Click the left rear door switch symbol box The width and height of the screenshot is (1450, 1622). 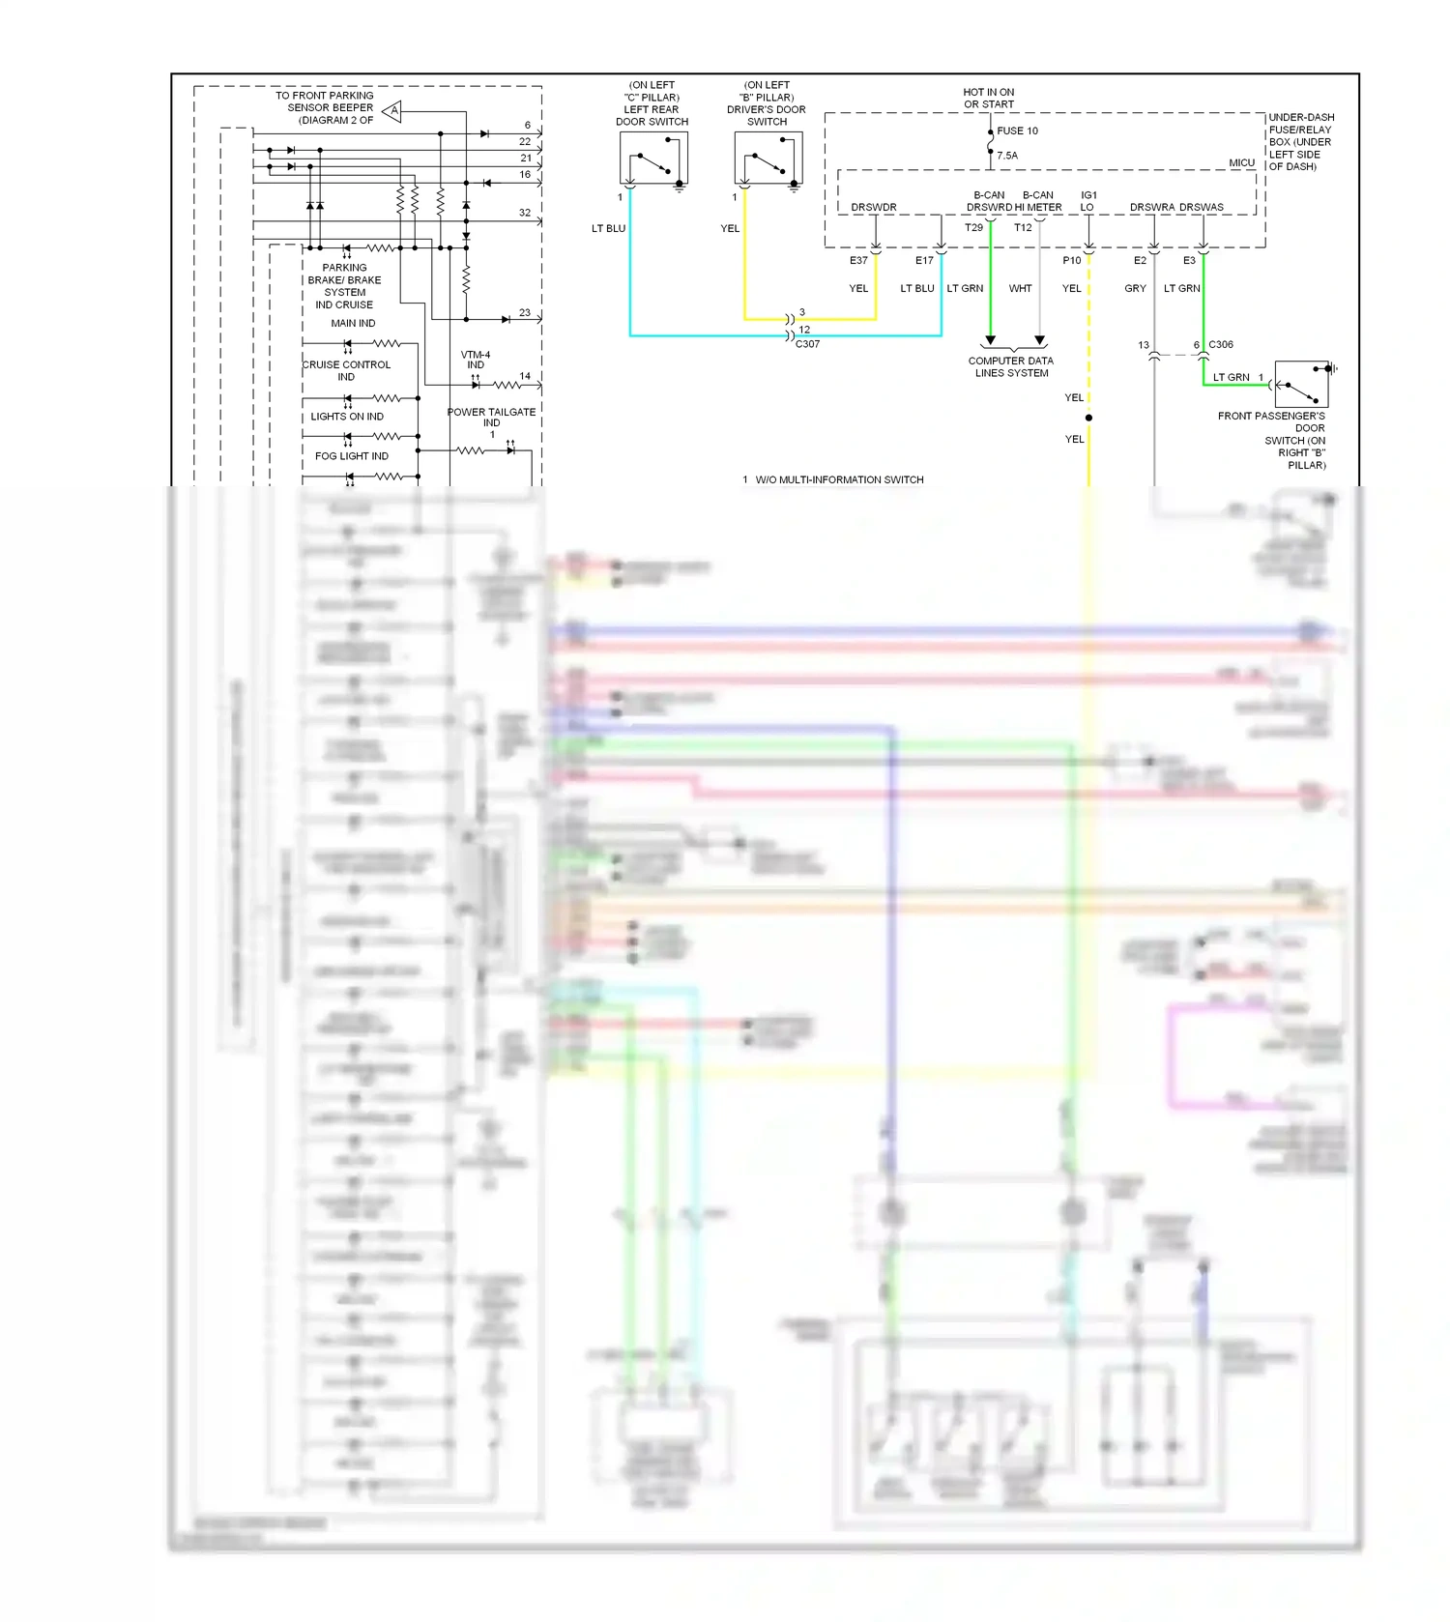[653, 158]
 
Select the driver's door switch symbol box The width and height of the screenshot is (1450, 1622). [768, 158]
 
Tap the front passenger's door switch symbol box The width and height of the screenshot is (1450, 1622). [1301, 384]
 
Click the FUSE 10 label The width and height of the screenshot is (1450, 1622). [1017, 130]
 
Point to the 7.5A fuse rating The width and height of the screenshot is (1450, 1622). [1007, 156]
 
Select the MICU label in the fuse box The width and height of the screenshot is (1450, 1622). [1241, 162]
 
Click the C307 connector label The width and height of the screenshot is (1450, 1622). [807, 344]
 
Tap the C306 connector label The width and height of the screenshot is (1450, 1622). [1220, 344]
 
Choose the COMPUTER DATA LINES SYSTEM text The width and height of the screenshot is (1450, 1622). [1011, 366]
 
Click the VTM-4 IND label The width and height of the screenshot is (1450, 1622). [476, 360]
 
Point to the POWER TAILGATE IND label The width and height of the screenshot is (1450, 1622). [491, 417]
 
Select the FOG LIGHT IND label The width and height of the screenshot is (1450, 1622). [351, 456]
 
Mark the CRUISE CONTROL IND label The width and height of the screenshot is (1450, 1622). [346, 370]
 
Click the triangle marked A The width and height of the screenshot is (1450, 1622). [392, 111]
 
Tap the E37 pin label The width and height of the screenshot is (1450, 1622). [858, 260]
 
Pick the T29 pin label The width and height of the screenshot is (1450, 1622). [973, 228]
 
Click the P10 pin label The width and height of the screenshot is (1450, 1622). [1071, 260]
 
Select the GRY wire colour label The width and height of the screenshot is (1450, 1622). [1135, 288]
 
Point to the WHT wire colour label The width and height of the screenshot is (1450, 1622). [1020, 288]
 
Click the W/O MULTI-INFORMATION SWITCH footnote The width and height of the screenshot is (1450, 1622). [839, 479]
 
